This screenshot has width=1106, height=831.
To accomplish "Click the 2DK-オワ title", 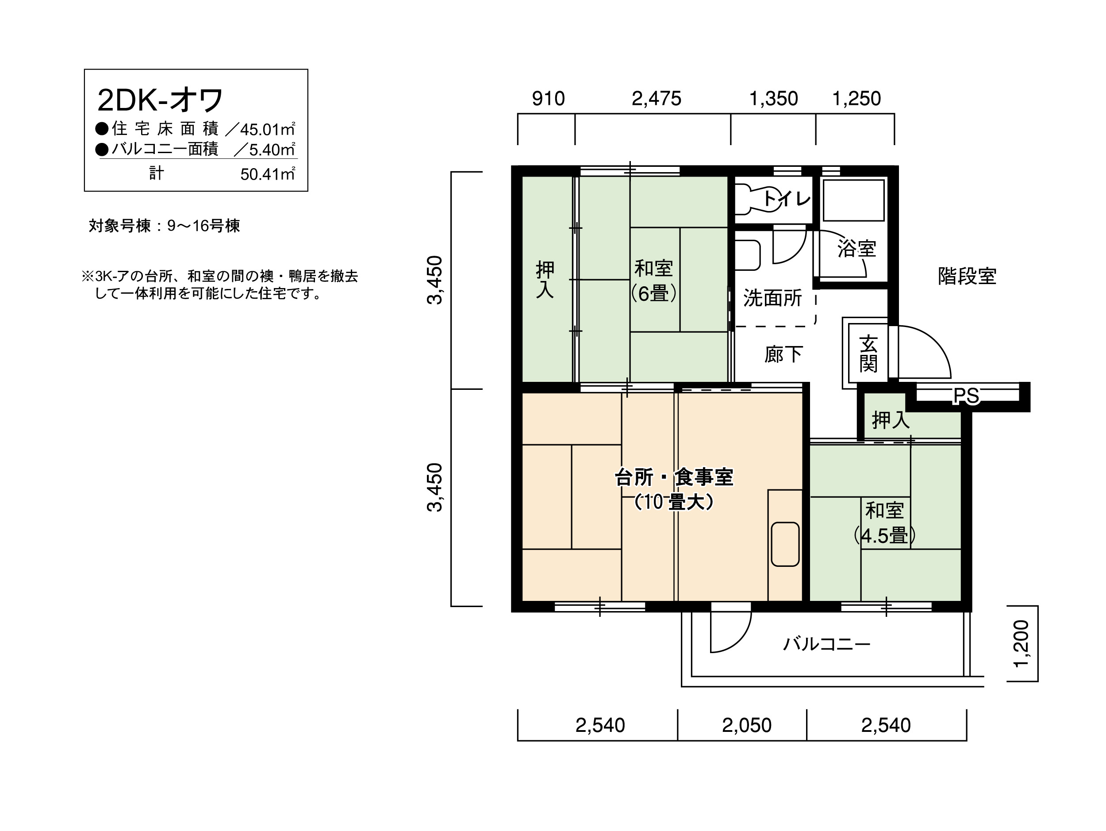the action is pyautogui.click(x=160, y=100).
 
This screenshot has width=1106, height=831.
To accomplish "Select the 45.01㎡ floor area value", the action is pyautogui.click(x=268, y=129).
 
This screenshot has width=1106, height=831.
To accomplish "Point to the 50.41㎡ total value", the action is pyautogui.click(x=268, y=173).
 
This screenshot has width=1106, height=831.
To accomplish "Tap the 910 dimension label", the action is pyautogui.click(x=548, y=99).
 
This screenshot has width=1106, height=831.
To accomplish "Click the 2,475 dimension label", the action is pyautogui.click(x=656, y=99).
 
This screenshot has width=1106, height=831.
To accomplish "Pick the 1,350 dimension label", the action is pyautogui.click(x=773, y=99).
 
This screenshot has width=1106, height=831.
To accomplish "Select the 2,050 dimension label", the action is pyautogui.click(x=746, y=725).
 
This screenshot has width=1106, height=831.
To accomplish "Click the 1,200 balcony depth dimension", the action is pyautogui.click(x=1022, y=643).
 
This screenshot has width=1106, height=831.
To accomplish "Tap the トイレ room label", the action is pyautogui.click(x=787, y=199).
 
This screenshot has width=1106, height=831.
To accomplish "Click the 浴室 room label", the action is pyautogui.click(x=856, y=249).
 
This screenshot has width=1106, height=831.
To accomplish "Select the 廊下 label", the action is pyautogui.click(x=783, y=354).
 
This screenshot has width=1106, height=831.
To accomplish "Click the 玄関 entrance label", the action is pyautogui.click(x=868, y=354).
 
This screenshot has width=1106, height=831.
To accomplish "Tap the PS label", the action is pyautogui.click(x=966, y=396).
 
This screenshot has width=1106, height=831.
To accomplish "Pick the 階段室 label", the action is pyautogui.click(x=967, y=276).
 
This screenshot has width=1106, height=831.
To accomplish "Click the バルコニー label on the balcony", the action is pyautogui.click(x=826, y=643).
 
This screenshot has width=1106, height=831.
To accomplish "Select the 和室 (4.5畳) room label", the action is pyautogui.click(x=884, y=523).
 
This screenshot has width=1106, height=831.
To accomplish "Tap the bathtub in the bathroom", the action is pyautogui.click(x=853, y=200).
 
